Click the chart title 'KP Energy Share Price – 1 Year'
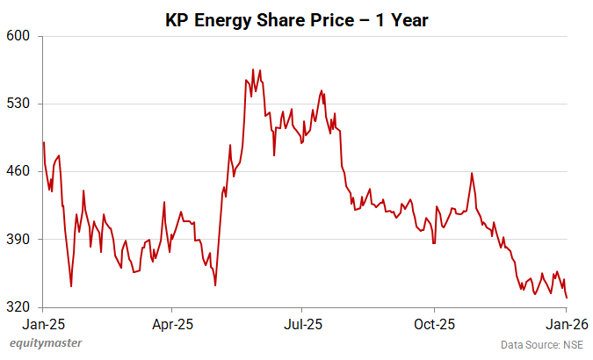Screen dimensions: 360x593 pyautogui.click(x=296, y=19)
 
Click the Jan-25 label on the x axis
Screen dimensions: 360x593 pyautogui.click(x=43, y=323)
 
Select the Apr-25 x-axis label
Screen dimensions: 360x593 pyautogui.click(x=172, y=323)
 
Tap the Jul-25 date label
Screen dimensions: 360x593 pyautogui.click(x=301, y=323)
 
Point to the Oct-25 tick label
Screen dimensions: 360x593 pyautogui.click(x=435, y=323)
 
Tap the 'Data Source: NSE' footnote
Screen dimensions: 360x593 pyautogui.click(x=542, y=345)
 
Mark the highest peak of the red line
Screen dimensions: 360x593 pyautogui.click(x=253, y=69)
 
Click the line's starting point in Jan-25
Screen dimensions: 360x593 pyautogui.click(x=44, y=142)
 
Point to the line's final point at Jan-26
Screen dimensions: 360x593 pyautogui.click(x=567, y=298)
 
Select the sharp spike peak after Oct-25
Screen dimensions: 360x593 pyautogui.click(x=472, y=173)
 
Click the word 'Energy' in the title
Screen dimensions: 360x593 pyautogui.click(x=222, y=19)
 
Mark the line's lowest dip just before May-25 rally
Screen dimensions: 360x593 pyautogui.click(x=215, y=285)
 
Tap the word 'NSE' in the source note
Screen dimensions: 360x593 pyautogui.click(x=573, y=345)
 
